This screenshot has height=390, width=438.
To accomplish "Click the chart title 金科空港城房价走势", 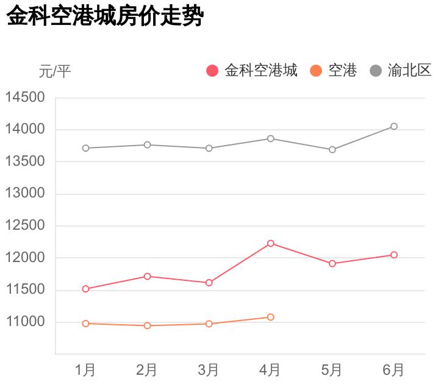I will click(104, 16).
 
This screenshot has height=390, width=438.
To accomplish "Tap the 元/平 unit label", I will click(55, 72).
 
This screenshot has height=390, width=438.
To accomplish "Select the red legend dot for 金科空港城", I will click(212, 71).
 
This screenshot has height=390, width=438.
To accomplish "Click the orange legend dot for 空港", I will click(316, 71).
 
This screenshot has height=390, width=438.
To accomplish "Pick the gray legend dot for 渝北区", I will click(376, 71).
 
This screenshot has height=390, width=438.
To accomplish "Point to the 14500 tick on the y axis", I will click(25, 97).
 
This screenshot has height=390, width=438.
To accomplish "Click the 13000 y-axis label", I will click(25, 194).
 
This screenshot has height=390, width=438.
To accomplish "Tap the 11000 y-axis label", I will click(25, 322).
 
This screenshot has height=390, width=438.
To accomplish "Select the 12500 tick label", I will click(25, 225).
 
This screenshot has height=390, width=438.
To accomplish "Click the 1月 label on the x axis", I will click(85, 369).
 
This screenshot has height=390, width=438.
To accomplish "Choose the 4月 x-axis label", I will click(270, 369).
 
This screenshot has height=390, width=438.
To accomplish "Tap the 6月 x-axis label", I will click(393, 369).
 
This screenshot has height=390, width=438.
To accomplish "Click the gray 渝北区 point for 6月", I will click(394, 127).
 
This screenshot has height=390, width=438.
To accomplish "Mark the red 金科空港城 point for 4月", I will click(271, 244).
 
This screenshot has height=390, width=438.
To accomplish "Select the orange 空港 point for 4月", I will click(271, 317).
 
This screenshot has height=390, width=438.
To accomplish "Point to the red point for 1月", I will click(86, 289).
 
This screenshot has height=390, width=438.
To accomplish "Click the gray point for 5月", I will click(332, 149).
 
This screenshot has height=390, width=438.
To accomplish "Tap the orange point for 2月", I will click(148, 325).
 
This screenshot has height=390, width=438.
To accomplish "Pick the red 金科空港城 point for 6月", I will click(394, 255).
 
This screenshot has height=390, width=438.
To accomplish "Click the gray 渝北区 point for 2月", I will click(148, 144).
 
